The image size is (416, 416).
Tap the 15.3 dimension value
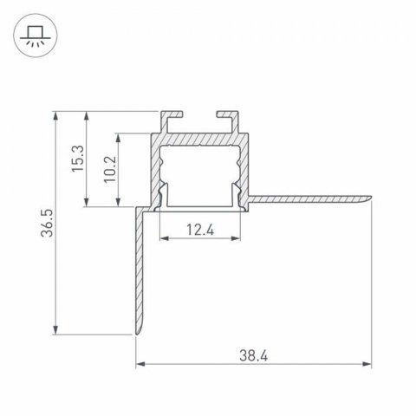(78, 159)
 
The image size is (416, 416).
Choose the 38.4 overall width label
(253, 354)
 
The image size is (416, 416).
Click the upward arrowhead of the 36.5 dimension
(57, 114)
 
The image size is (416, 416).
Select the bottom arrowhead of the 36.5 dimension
(57, 333)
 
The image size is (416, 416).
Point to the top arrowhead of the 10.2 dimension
(117, 137)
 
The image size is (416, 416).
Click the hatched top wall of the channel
(200, 140)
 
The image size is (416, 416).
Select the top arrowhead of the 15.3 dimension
(88, 114)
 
